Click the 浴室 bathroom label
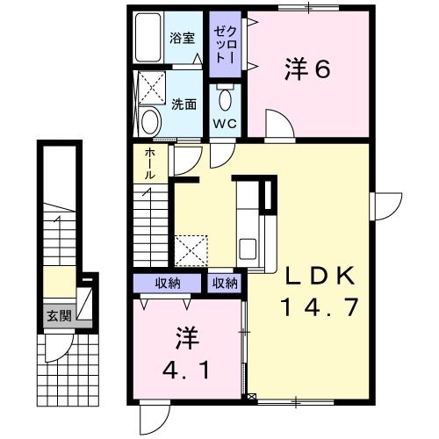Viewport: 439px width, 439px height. click(x=182, y=39)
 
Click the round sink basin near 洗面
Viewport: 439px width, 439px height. click(x=150, y=120)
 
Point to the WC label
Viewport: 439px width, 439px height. click(x=223, y=123)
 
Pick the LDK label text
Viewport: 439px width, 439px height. click(x=319, y=276)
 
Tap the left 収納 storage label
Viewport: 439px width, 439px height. click(x=169, y=283)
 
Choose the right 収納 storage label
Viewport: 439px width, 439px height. click(x=223, y=283)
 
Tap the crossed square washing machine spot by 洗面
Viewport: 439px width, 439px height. click(x=151, y=87)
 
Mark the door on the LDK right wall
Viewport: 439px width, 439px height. click(x=383, y=206)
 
